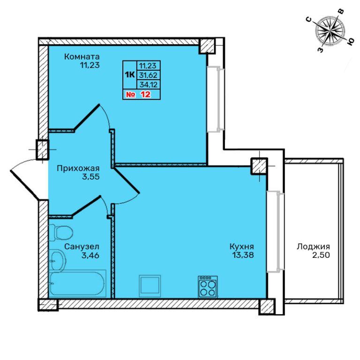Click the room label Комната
coord(82,56)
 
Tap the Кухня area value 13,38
coord(243,255)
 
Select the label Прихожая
coord(78,168)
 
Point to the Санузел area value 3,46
coord(90,255)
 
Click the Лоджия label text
coord(314,247)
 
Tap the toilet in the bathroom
coord(61,232)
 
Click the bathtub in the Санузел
coord(78,284)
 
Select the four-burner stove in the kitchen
coord(208,286)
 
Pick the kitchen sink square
coord(150,286)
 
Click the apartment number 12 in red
coord(146,94)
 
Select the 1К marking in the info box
coord(130,75)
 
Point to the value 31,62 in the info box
coord(148,75)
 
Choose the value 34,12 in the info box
coord(149,85)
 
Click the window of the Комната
coord(215,99)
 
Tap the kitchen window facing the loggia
coord(275,232)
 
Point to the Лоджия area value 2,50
coord(321,255)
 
